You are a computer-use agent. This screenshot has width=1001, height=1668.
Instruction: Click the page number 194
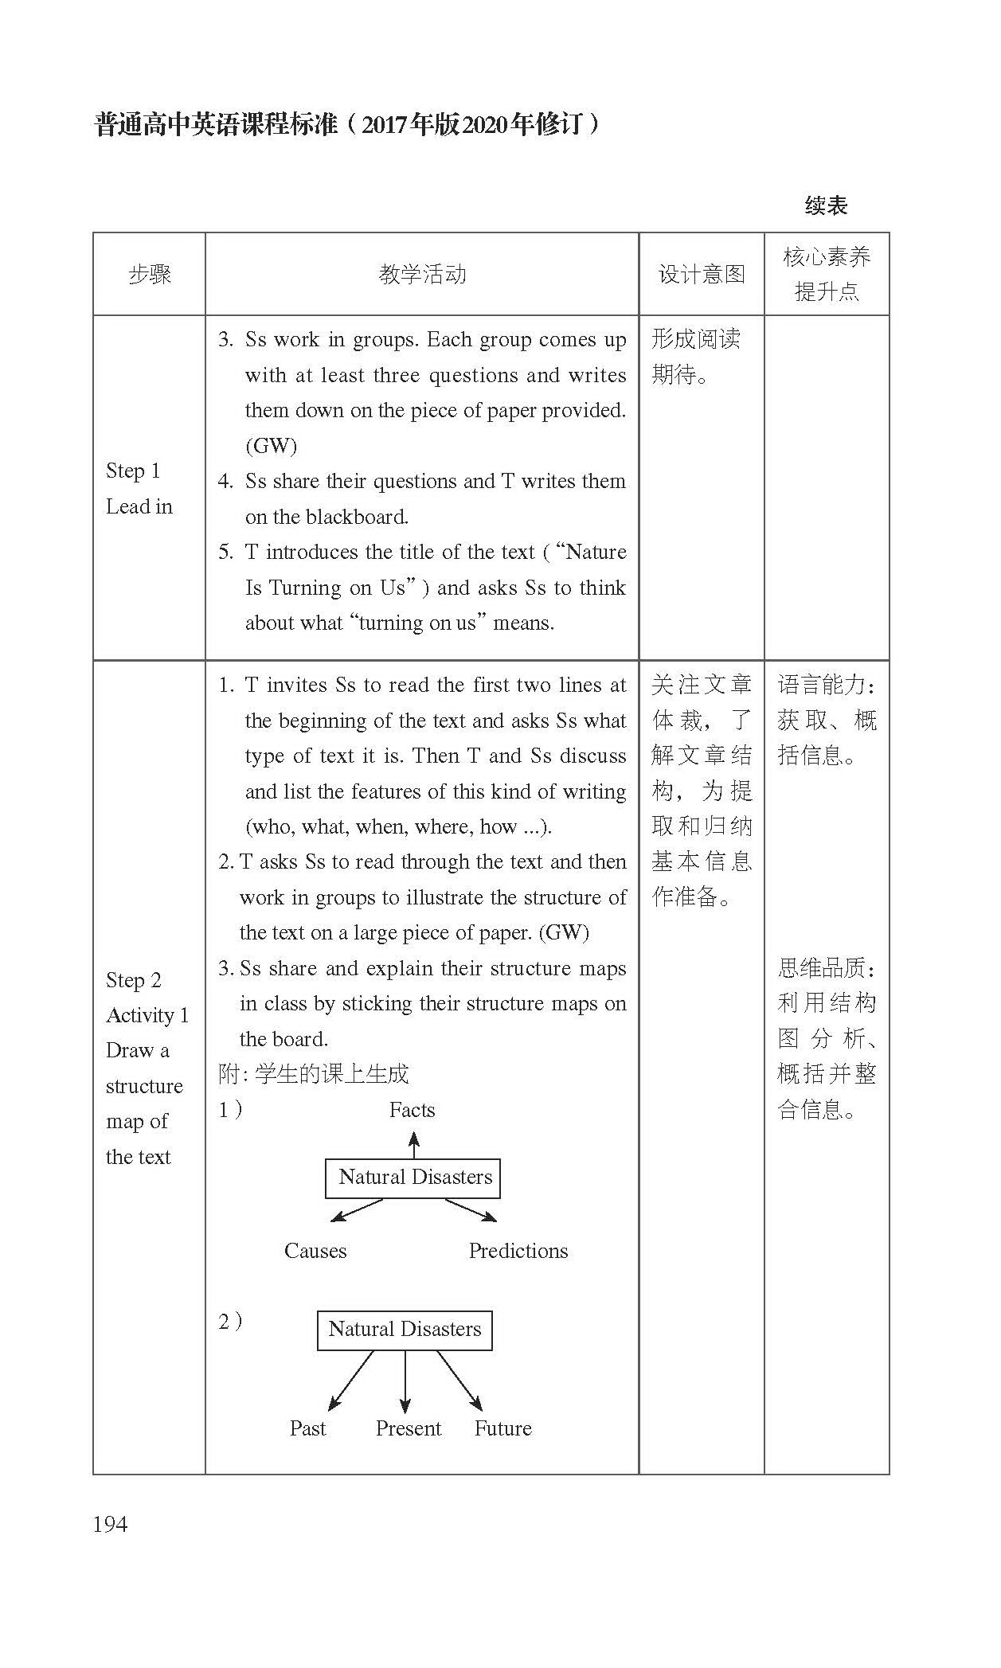click(x=110, y=1524)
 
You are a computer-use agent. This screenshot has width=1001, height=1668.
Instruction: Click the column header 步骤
click(x=149, y=275)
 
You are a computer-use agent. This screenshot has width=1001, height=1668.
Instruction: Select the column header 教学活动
click(x=422, y=275)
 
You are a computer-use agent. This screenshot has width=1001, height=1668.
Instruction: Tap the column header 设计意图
click(x=701, y=275)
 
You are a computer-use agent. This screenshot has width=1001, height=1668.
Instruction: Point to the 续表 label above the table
click(x=826, y=205)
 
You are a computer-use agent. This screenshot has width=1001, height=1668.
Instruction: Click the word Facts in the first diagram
click(x=412, y=1110)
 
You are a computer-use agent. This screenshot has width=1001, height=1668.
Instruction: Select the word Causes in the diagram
click(x=315, y=1251)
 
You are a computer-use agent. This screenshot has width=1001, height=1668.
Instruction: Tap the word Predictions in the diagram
click(x=518, y=1251)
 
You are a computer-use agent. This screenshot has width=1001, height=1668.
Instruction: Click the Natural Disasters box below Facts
click(x=413, y=1178)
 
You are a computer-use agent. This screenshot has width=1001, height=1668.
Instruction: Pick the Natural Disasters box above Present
click(x=405, y=1330)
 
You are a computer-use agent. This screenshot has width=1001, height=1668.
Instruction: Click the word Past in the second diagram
click(x=307, y=1428)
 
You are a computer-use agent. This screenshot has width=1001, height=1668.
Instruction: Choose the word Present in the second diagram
click(x=408, y=1428)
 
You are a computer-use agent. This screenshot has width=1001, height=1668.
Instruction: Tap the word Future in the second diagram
click(x=502, y=1428)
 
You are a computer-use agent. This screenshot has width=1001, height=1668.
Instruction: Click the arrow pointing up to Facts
click(x=413, y=1145)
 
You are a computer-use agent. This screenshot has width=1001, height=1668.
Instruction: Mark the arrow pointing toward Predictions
click(x=471, y=1210)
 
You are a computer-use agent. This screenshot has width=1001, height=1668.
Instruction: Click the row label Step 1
click(x=133, y=471)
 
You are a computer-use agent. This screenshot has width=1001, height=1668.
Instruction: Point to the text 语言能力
click(x=823, y=685)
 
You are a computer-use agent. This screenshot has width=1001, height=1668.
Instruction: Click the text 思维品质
click(x=823, y=968)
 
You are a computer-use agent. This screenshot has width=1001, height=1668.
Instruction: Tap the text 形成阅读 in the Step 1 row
click(x=696, y=339)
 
